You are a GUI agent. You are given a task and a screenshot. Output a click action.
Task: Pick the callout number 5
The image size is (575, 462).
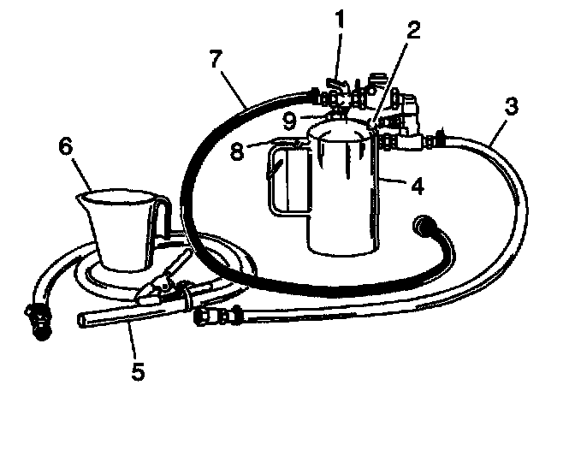(138, 370)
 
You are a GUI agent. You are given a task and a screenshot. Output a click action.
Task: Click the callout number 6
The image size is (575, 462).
(65, 145)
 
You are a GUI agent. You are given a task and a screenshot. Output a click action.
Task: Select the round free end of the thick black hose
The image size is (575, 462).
(422, 226)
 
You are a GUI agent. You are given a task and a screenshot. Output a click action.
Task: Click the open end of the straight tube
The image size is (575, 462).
(81, 319)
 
